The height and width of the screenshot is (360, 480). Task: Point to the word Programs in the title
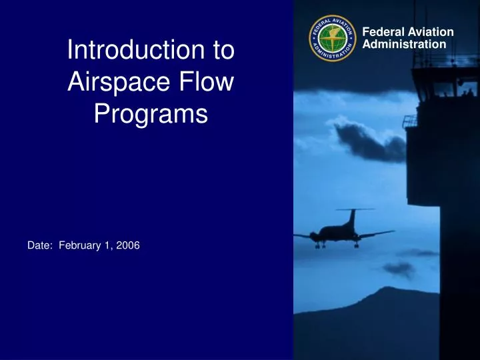pyautogui.click(x=150, y=115)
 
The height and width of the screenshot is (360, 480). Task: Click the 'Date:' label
pyautogui.click(x=41, y=246)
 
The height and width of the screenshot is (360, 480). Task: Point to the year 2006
pyautogui.click(x=129, y=246)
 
